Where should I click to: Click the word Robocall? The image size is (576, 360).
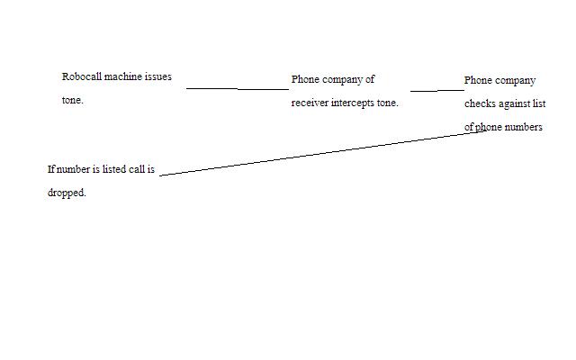(x=82, y=77)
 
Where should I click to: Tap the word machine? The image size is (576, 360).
(x=123, y=77)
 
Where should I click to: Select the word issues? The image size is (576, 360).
(x=158, y=77)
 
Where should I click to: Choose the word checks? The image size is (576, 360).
(x=479, y=103)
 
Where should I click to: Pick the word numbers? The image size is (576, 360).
(x=523, y=127)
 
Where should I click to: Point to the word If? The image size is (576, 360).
(x=51, y=169)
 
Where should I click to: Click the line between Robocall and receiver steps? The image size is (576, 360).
(x=238, y=89)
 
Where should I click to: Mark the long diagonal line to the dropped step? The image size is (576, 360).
(x=315, y=154)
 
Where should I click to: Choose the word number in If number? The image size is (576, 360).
(x=74, y=169)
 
